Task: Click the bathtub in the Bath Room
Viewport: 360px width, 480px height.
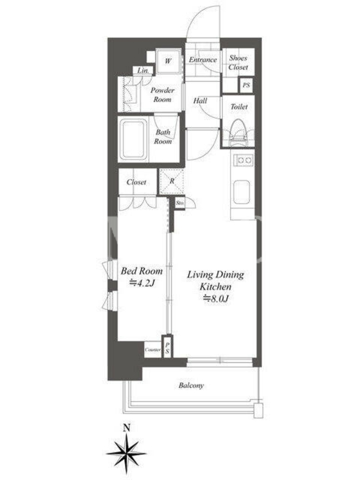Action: pos(133,139)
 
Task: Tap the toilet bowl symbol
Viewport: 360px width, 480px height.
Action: pos(239,131)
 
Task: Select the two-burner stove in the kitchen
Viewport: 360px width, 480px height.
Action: pos(244,160)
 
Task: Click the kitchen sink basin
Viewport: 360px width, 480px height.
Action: pos(242,192)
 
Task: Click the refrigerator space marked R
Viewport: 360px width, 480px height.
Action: pos(172,181)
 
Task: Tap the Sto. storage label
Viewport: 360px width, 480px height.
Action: pos(180,203)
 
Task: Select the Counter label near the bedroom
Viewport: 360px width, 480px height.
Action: pos(153,350)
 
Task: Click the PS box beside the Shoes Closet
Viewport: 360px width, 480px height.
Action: pos(246,85)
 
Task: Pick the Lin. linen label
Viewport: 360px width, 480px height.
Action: pos(143,70)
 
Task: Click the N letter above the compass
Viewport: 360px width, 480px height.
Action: pos(126,428)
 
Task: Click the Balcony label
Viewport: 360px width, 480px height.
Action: pos(191,385)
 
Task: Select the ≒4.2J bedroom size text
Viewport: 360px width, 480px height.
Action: pos(141,283)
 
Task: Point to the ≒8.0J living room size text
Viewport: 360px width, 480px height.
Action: pos(216,298)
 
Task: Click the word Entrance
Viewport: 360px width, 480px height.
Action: pos(203,59)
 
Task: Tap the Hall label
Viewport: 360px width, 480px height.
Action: pos(200,100)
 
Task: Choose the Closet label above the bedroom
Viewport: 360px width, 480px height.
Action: pos(137,182)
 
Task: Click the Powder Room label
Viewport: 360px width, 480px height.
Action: pos(163,95)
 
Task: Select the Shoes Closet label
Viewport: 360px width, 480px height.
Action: pos(238,62)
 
